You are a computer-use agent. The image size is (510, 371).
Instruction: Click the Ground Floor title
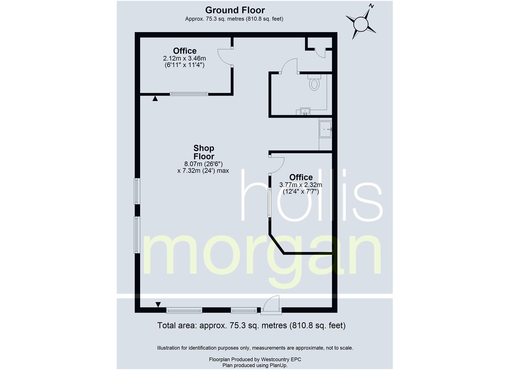pos(235,10)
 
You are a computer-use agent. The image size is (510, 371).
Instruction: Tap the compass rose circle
pos(361,24)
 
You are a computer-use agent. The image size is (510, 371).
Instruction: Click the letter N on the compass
pos(371,6)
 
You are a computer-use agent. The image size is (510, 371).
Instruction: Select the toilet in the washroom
pos(314,82)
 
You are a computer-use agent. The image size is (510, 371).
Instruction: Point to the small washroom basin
pos(305,111)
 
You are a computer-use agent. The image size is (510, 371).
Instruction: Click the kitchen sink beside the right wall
pos(325,129)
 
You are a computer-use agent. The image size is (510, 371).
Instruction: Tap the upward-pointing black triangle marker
pos(155,98)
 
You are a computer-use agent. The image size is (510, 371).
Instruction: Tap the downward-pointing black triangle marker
pos(158,304)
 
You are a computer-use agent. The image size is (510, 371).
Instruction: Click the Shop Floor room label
pos(204,152)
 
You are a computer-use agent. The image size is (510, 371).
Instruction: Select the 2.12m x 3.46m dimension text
pos(184,58)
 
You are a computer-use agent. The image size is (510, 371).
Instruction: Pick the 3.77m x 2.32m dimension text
pos(301,185)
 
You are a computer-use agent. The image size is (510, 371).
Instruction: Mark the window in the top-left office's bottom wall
pos(189,94)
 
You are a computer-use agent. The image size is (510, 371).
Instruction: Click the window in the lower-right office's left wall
pos(270,202)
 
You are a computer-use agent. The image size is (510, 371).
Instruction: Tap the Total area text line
pos(251,325)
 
